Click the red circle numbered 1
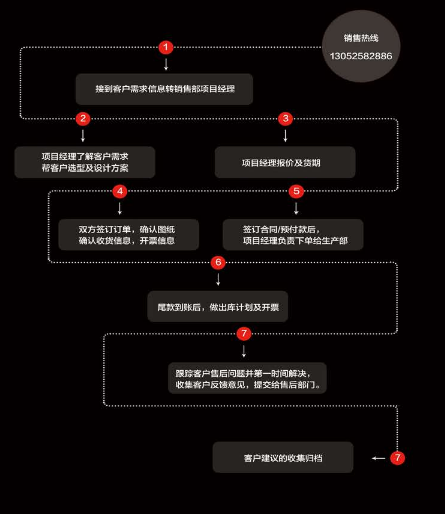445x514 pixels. point(166,47)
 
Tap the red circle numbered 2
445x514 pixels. point(83,118)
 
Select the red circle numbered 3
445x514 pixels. point(285,118)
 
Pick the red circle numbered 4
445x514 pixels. point(120,191)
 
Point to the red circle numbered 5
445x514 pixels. point(296,191)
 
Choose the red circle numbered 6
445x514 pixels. point(218,262)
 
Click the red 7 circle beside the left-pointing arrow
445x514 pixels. point(397,458)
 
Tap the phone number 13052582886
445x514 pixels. point(361,56)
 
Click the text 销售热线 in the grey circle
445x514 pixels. point(361,38)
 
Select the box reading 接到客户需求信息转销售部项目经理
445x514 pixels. point(164,89)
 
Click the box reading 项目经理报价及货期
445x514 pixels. point(285,162)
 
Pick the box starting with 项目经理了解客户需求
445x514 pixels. point(85,162)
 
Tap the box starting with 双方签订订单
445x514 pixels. point(128,235)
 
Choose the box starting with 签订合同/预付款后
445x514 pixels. point(293,235)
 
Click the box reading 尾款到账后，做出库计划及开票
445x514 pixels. point(218,306)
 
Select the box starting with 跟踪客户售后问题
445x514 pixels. point(247,378)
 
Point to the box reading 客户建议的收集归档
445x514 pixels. point(283,457)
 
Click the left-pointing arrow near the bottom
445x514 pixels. point(379,458)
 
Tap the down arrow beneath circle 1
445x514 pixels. point(166,64)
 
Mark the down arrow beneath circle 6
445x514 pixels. point(218,280)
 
